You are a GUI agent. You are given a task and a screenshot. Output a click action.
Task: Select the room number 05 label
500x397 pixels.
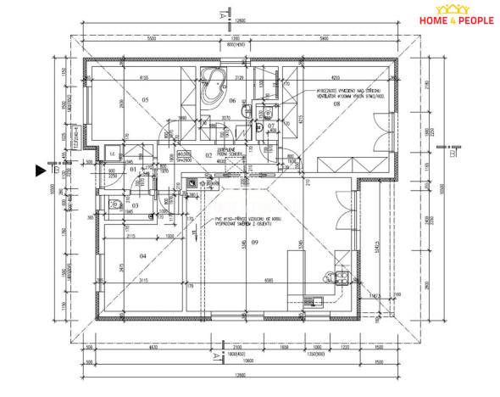(146, 100)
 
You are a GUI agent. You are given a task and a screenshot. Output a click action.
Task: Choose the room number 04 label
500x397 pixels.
(142, 255)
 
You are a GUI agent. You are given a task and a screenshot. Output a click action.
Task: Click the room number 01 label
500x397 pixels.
(132, 170)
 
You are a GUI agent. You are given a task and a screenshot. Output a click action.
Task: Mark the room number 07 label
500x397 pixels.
(270, 126)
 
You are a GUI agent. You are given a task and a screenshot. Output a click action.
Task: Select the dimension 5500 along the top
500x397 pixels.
(152, 39)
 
